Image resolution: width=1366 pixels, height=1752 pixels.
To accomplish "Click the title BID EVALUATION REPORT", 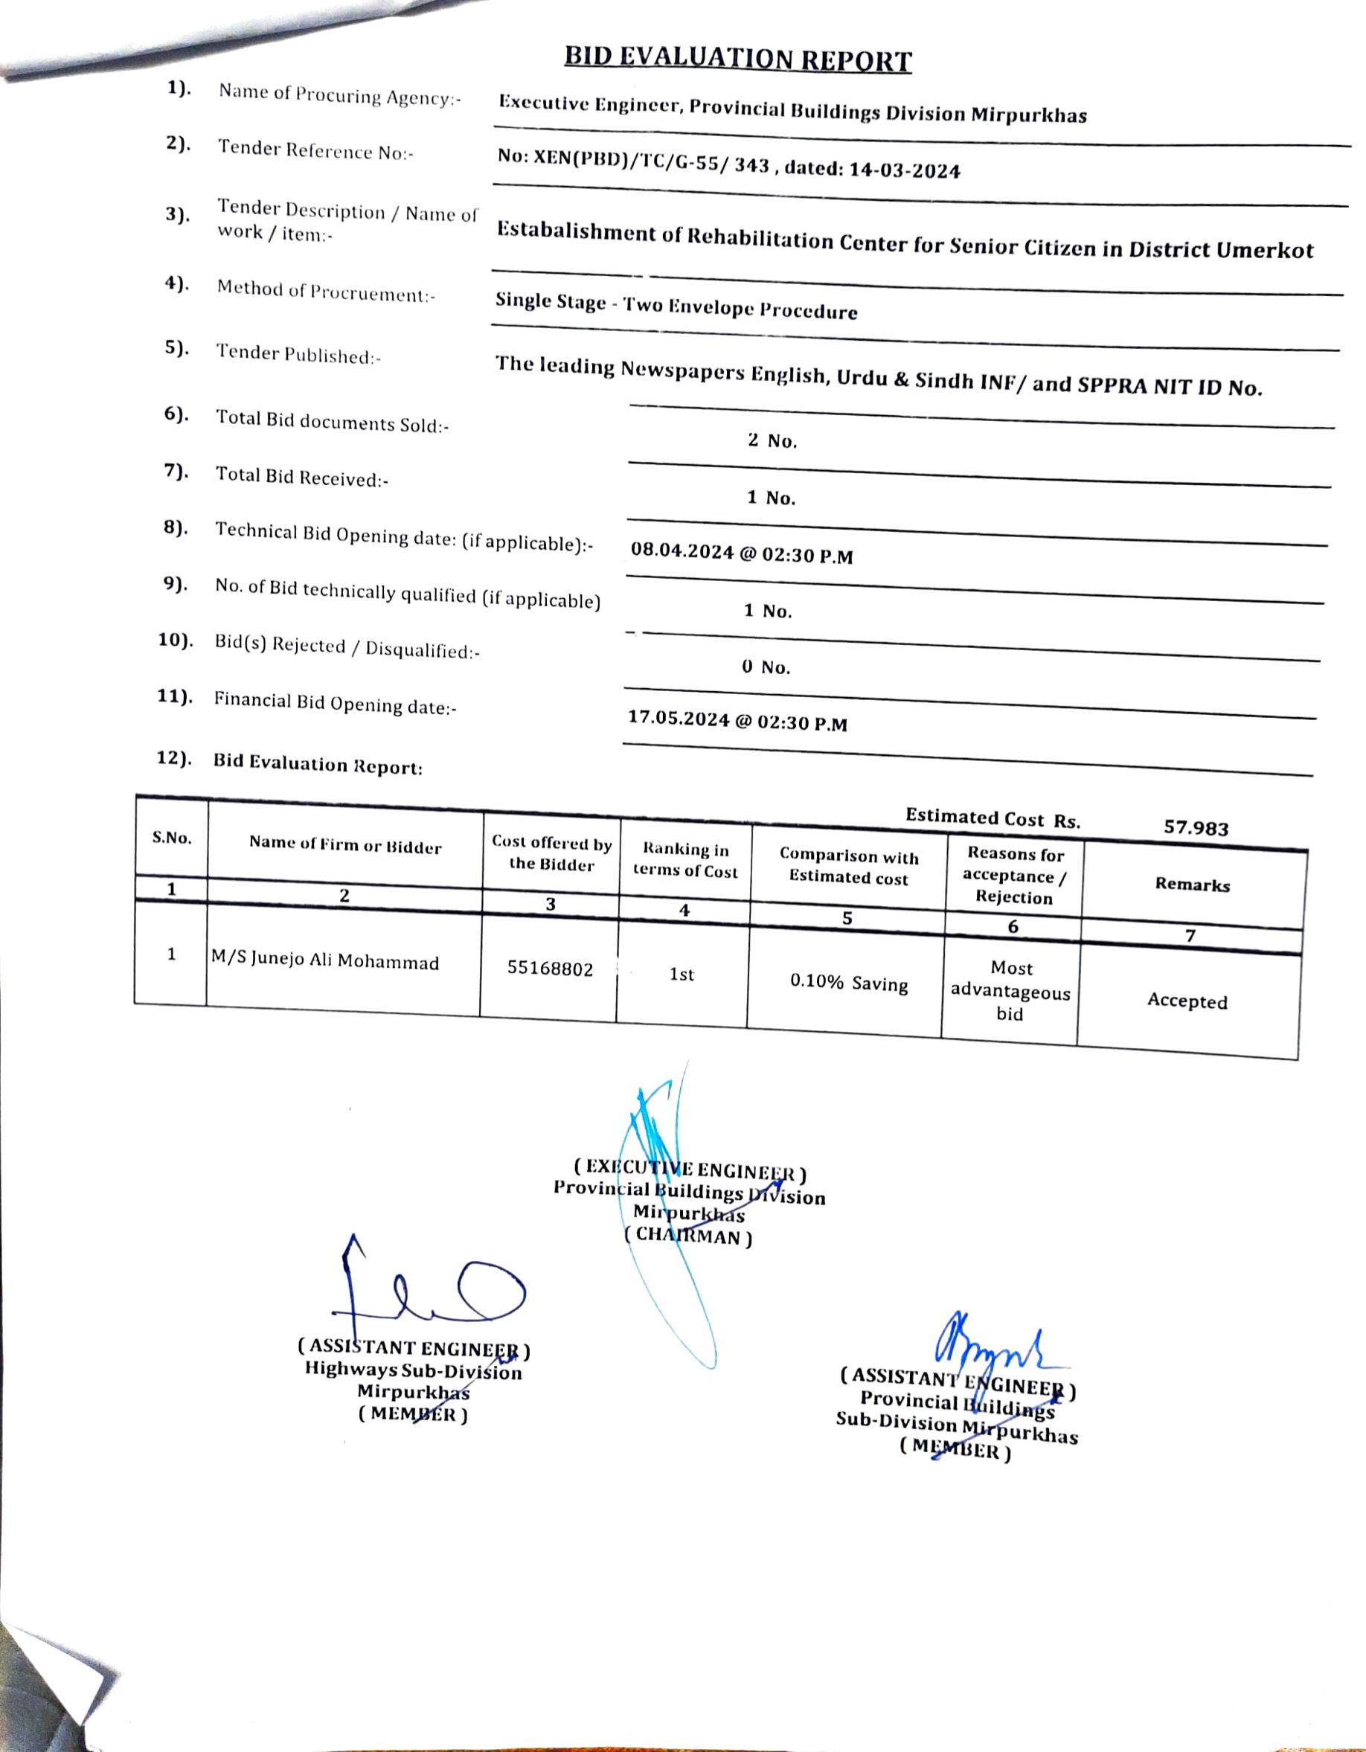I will click(738, 59).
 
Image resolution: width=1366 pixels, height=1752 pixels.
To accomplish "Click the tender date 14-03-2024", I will click(904, 170).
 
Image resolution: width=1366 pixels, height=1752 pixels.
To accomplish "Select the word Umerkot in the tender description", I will click(1264, 250).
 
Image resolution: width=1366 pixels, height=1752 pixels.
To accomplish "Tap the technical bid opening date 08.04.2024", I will click(682, 551).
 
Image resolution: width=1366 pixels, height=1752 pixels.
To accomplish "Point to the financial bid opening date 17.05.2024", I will click(679, 718).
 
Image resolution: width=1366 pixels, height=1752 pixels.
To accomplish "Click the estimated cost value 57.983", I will click(1195, 828).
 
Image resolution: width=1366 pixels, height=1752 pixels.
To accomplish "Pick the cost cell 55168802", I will click(549, 969).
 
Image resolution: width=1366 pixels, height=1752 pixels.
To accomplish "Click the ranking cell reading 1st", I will click(681, 974).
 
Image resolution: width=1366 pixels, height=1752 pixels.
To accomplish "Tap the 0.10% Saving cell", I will click(849, 983).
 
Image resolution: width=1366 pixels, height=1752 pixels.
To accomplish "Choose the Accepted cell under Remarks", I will click(1187, 1001).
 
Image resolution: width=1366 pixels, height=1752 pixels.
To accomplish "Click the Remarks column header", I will click(1192, 884).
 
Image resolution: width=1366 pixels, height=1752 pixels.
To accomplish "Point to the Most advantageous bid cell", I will click(1010, 992).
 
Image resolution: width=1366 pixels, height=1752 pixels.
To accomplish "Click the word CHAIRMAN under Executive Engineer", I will click(687, 1236).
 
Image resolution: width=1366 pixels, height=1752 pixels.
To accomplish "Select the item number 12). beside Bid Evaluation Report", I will click(174, 758).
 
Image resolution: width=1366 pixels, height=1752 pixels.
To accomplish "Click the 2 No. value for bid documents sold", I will click(772, 440).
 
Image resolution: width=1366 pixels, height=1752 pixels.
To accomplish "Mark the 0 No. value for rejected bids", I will click(766, 667).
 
